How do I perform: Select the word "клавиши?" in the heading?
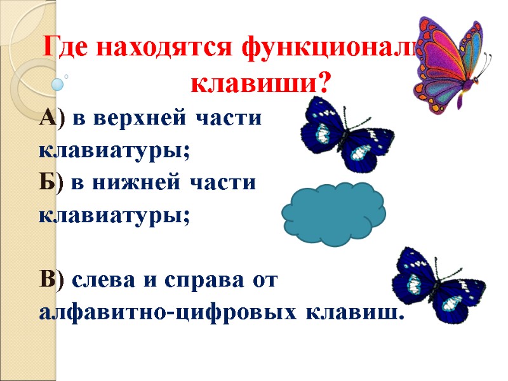click(x=262, y=82)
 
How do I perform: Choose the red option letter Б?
click(x=48, y=183)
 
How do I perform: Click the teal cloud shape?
click(x=333, y=213)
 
